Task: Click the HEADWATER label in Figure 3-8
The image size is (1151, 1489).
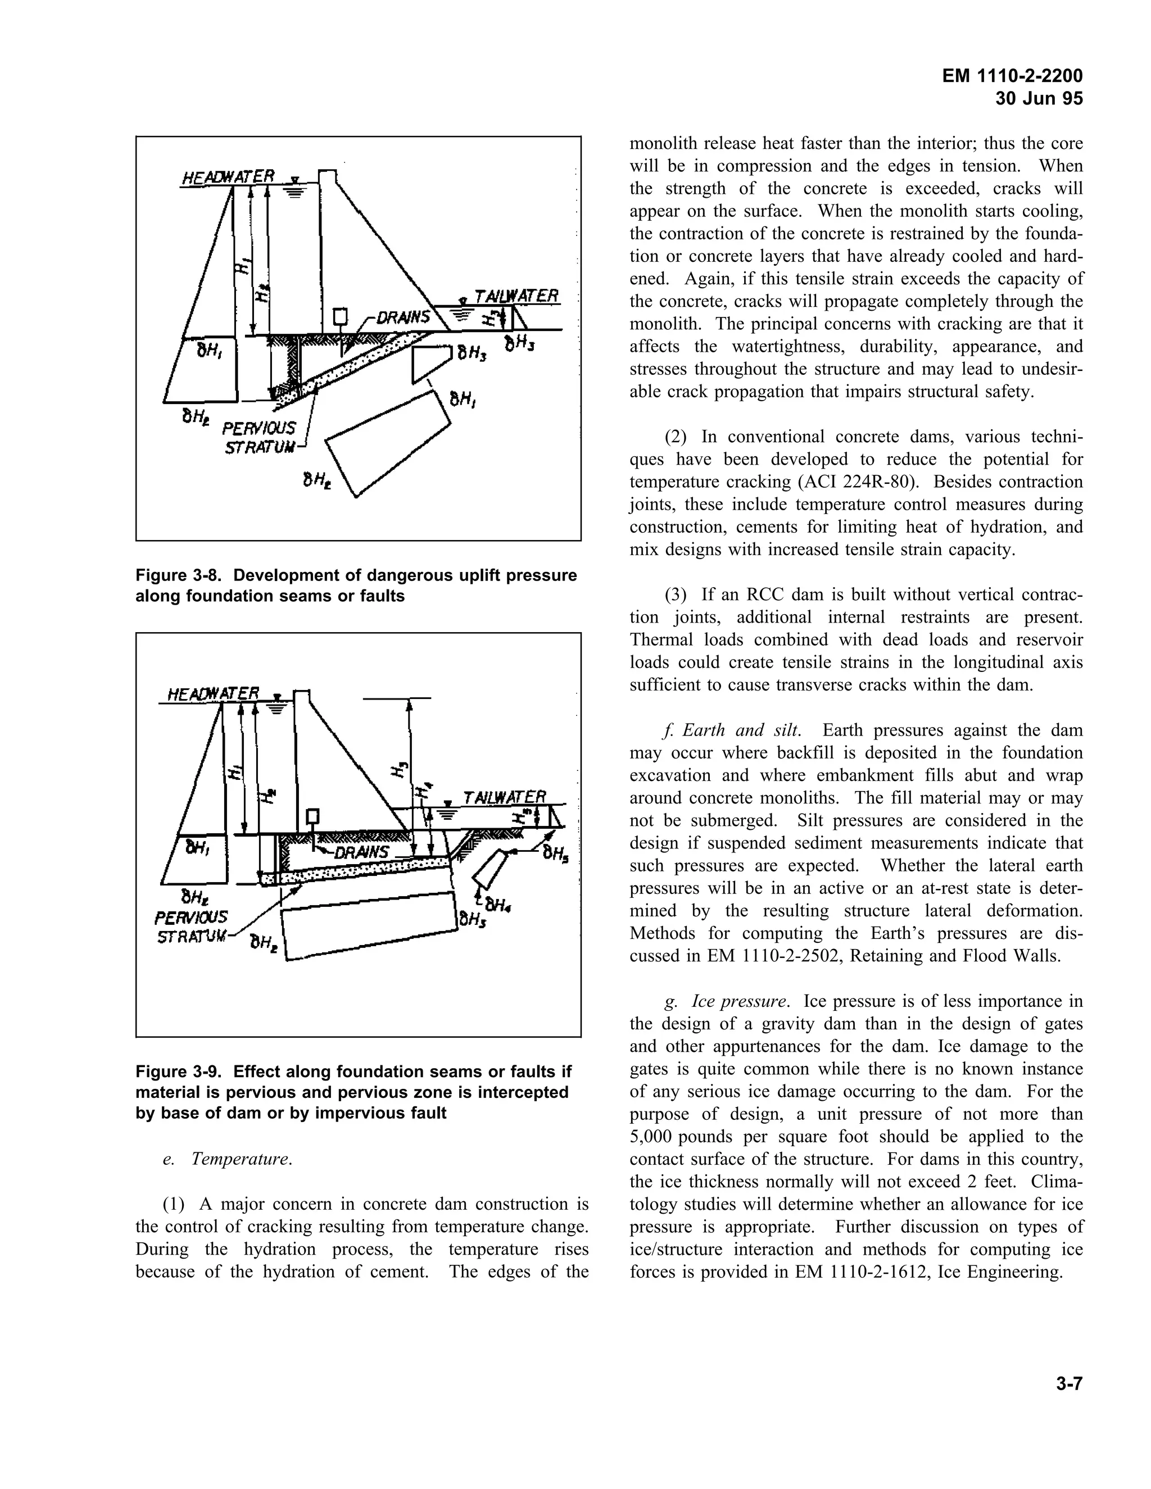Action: [228, 177]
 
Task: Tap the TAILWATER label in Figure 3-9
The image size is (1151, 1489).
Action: [505, 797]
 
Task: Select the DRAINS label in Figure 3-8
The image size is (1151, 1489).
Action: [402, 317]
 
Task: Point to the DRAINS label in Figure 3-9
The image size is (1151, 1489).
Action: [361, 852]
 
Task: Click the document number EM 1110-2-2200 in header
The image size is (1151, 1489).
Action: [1012, 76]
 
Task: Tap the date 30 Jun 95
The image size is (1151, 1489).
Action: [1039, 99]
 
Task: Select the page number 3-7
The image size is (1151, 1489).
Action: [1068, 1383]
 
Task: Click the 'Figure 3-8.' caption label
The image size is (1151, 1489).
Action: [179, 575]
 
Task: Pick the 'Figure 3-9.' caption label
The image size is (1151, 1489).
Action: [179, 1072]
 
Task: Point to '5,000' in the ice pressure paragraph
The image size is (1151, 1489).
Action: [650, 1137]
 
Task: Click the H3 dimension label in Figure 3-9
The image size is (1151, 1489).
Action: [400, 769]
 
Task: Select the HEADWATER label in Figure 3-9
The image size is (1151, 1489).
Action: [214, 694]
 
